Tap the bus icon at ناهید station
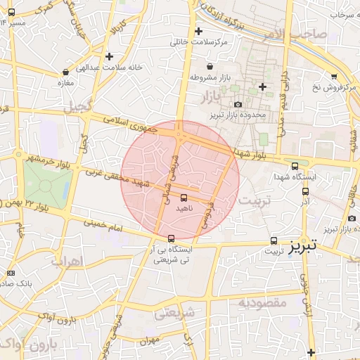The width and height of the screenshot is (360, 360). pos(184,198)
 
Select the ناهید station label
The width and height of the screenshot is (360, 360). pos(184,209)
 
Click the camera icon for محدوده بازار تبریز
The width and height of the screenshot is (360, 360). pos(238,105)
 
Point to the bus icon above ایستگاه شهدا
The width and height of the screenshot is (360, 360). pos(295,166)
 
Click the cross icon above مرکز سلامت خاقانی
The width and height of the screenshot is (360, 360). pos(199,31)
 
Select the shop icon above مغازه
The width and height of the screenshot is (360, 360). pos(66,72)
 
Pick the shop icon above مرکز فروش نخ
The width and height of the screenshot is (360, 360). pos(334,76)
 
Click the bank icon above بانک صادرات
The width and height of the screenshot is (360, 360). pos(10,273)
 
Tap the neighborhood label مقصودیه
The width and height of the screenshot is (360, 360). pos(262,302)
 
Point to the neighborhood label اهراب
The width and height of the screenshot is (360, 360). pos(67,261)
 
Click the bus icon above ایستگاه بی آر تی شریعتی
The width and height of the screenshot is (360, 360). pos(172,238)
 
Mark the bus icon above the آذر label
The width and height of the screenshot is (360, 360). pos(305,191)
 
